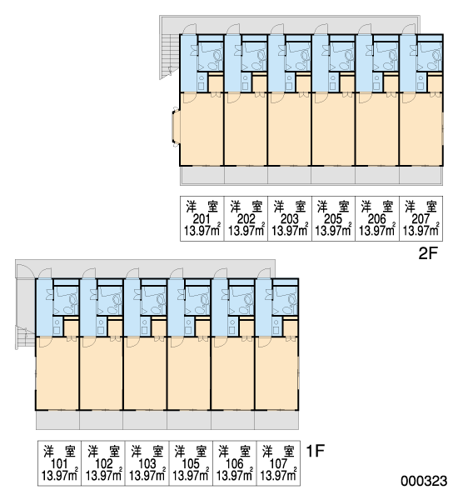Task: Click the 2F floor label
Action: (x=428, y=254)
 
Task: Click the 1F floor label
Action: (x=315, y=451)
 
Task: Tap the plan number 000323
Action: (x=424, y=481)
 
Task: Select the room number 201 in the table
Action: (x=202, y=219)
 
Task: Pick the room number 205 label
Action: (x=333, y=219)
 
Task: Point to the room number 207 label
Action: (x=421, y=219)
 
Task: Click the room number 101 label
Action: (x=59, y=464)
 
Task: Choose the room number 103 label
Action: (x=147, y=464)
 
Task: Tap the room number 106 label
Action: (x=235, y=464)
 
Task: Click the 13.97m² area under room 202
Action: (x=246, y=230)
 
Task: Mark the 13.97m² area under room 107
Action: (x=279, y=475)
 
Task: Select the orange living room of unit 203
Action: (x=290, y=129)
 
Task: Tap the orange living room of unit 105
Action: (x=189, y=373)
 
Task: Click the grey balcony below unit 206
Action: (x=377, y=175)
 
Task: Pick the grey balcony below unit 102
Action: (x=102, y=420)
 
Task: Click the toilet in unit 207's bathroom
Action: (x=436, y=56)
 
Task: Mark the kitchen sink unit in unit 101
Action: (x=57, y=326)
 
